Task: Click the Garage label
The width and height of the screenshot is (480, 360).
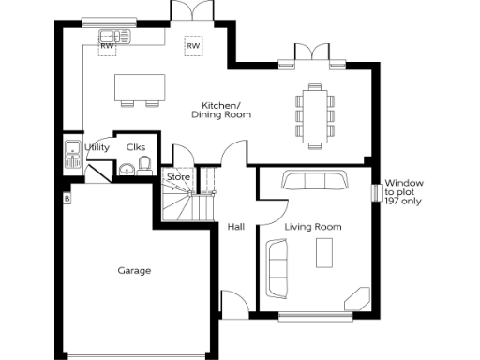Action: tap(134, 271)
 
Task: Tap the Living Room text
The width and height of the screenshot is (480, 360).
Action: tap(313, 227)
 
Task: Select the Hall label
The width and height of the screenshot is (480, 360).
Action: tap(236, 227)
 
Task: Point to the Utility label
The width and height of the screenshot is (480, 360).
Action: tap(97, 147)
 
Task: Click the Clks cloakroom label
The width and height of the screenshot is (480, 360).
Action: tap(135, 147)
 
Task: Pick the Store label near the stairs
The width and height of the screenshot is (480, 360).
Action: tap(178, 177)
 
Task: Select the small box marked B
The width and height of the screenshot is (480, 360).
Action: tap(67, 199)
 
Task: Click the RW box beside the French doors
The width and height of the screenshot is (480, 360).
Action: tap(193, 45)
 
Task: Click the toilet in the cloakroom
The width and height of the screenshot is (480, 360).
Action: tap(145, 167)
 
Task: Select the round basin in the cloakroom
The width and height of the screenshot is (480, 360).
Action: tap(125, 170)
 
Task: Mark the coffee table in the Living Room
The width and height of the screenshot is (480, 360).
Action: tap(325, 251)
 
